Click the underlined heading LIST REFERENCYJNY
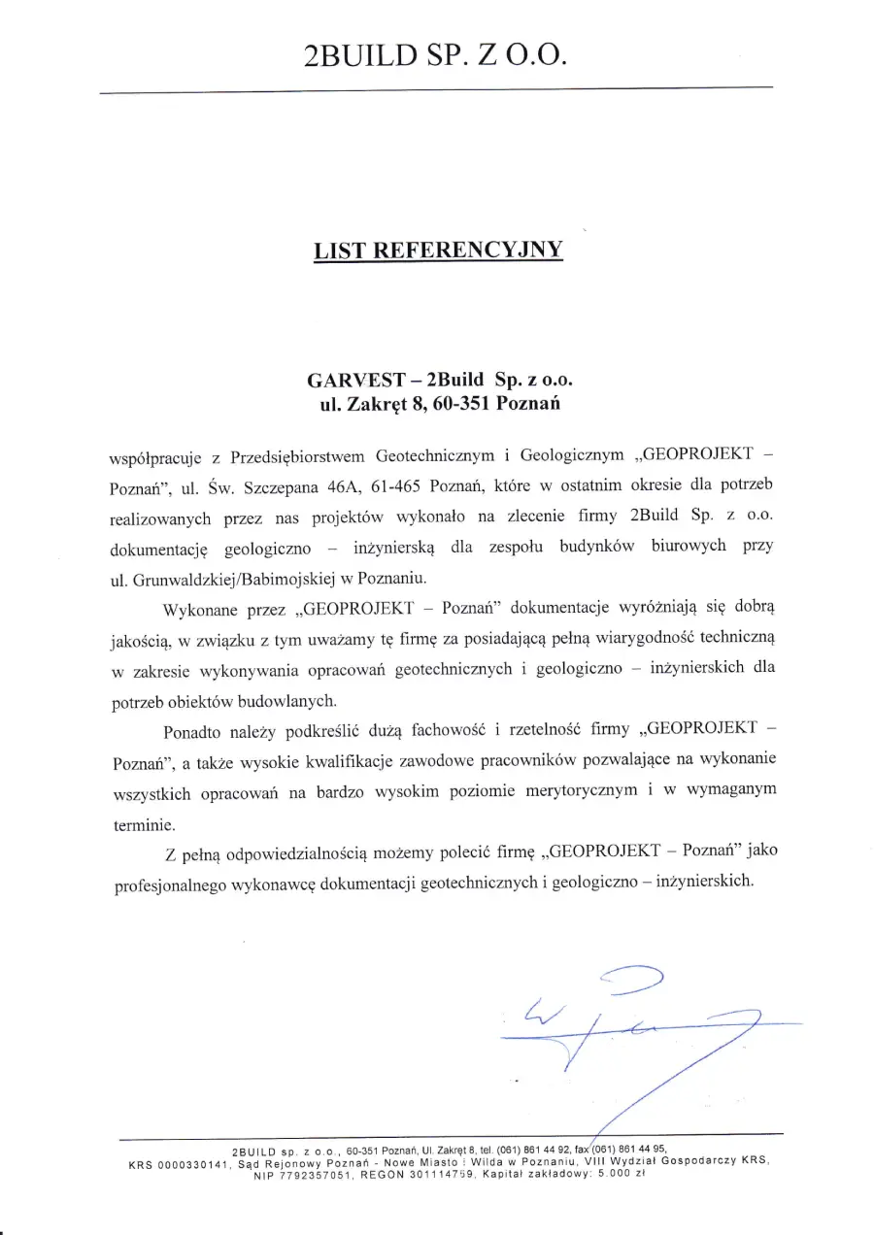coord(438,250)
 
